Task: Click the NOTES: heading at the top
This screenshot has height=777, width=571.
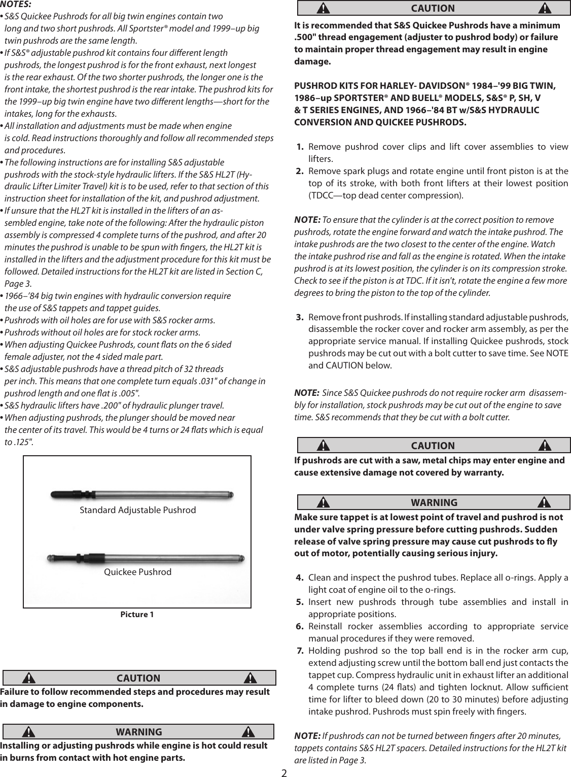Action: pyautogui.click(x=16, y=5)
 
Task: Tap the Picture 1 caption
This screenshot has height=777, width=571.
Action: pyautogui.click(x=137, y=615)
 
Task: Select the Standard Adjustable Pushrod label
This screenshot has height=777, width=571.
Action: pyautogui.click(x=137, y=510)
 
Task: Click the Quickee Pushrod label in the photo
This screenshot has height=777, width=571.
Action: pyautogui.click(x=137, y=572)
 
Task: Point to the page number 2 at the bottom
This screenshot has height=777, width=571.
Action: pyautogui.click(x=284, y=772)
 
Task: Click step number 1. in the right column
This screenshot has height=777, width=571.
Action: pyautogui.click(x=300, y=147)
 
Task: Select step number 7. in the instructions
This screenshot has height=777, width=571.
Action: pyautogui.click(x=300, y=651)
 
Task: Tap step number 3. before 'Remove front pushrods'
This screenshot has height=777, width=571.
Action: pyautogui.click(x=300, y=318)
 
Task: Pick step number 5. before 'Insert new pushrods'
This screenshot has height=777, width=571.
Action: pyautogui.click(x=300, y=602)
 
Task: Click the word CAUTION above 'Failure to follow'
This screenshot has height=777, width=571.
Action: pyautogui.click(x=138, y=679)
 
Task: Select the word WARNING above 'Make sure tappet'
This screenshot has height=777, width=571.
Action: pyautogui.click(x=434, y=503)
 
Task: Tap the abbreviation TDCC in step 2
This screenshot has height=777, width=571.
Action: pyautogui.click(x=321, y=195)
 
